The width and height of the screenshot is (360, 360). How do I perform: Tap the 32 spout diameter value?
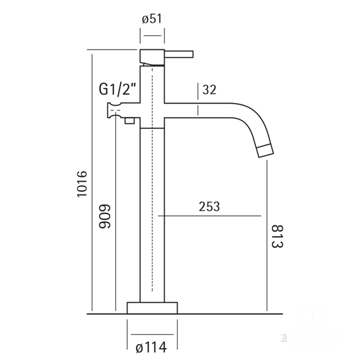209,89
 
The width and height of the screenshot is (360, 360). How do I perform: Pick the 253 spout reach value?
209,207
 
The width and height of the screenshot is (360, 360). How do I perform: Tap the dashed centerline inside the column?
153,206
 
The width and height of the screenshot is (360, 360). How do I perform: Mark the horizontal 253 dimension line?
211,217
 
